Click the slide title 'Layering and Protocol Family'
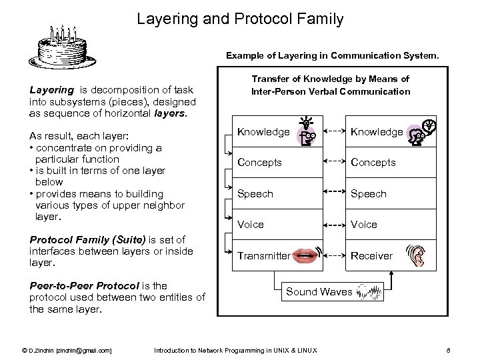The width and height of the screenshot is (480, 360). (x=240, y=19)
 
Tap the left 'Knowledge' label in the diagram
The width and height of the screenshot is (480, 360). (x=263, y=132)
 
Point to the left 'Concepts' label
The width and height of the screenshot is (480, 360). (x=260, y=163)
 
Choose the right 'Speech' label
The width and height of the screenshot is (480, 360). (x=369, y=194)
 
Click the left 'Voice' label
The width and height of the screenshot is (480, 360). (x=251, y=225)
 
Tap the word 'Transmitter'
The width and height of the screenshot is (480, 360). (x=264, y=255)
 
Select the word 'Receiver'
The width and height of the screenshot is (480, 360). (x=371, y=255)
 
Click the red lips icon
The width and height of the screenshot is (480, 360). (x=304, y=255)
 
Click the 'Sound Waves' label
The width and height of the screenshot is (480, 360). (x=319, y=291)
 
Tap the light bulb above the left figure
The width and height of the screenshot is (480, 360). (x=306, y=121)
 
